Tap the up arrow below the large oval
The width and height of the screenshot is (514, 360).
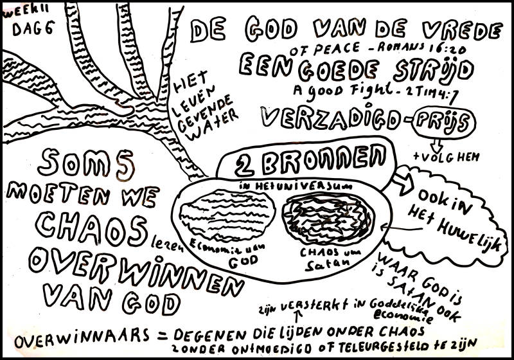297,315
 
